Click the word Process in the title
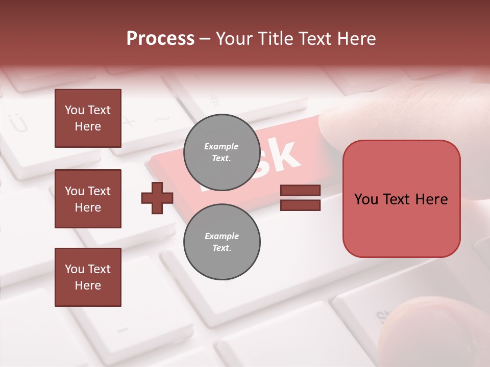160,39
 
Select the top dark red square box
88,118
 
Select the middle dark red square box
88,199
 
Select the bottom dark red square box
88,277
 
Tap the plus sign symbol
157,198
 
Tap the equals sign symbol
300,198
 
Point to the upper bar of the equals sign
300,191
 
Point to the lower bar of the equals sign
300,205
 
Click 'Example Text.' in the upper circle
222,152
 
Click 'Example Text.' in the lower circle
222,242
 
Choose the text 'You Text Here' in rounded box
401,199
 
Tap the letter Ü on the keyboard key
18,123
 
